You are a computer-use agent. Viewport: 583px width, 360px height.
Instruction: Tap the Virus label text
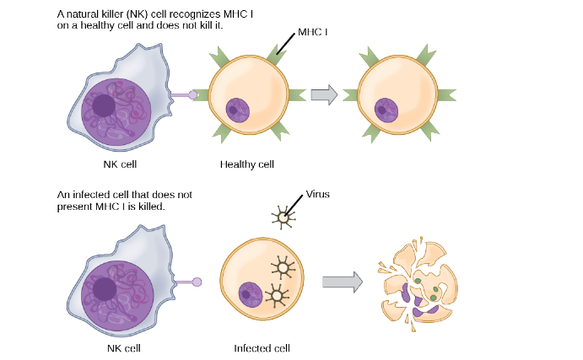[x=317, y=194]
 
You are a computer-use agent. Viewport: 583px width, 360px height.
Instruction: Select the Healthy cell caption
[x=246, y=164]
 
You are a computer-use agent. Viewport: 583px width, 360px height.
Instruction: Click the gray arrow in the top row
[x=324, y=94]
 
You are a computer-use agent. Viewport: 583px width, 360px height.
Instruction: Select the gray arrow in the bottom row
[x=343, y=280]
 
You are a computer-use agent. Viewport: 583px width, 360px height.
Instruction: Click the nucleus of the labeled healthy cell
[x=237, y=110]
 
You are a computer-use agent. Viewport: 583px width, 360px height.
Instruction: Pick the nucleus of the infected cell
[x=251, y=294]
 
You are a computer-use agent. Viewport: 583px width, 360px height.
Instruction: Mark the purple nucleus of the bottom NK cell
[x=116, y=292]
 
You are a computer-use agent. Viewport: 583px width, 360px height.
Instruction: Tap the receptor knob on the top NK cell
[x=192, y=95]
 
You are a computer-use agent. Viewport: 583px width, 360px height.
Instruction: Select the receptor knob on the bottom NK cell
[x=197, y=281]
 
